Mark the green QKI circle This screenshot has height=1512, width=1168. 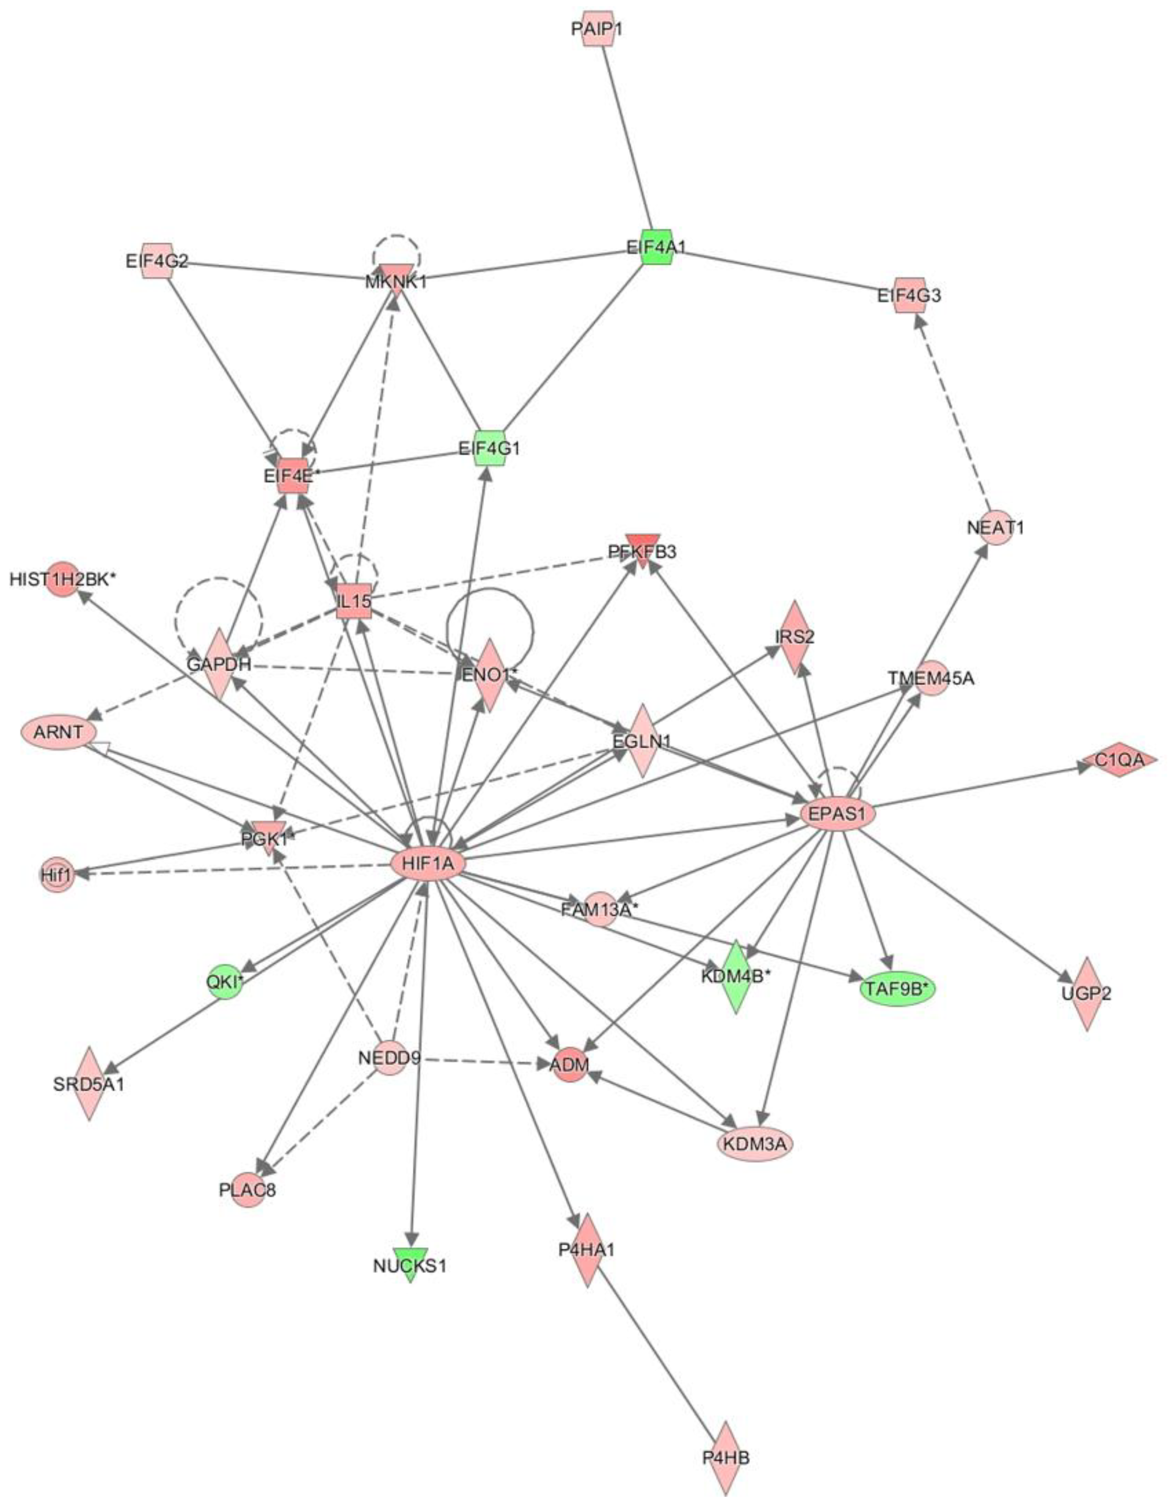225,982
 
